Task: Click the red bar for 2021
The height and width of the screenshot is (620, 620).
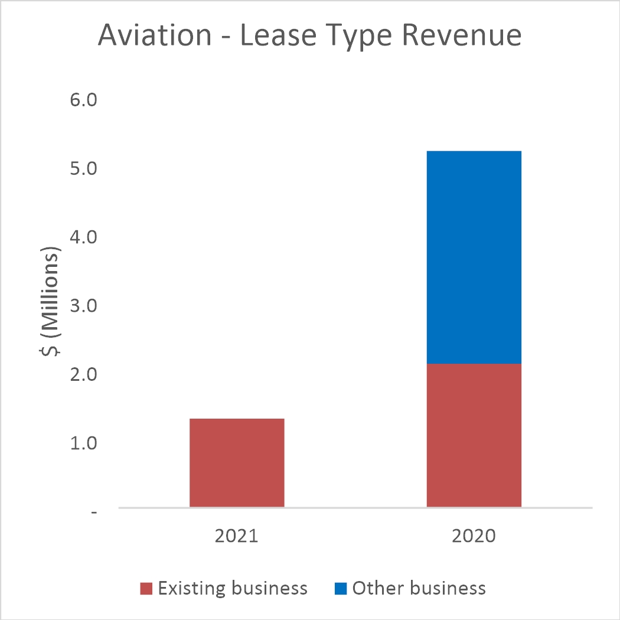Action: click(x=237, y=462)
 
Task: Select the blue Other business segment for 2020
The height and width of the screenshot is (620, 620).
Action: click(x=474, y=257)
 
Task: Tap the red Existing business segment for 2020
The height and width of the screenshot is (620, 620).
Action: click(x=474, y=435)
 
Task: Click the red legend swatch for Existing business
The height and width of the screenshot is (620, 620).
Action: click(x=146, y=589)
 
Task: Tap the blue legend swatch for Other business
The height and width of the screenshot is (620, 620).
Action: click(x=340, y=589)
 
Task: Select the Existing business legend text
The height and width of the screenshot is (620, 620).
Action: click(x=233, y=589)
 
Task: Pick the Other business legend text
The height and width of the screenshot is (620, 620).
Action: click(x=419, y=589)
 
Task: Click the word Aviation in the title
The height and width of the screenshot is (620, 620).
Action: click(x=154, y=35)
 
